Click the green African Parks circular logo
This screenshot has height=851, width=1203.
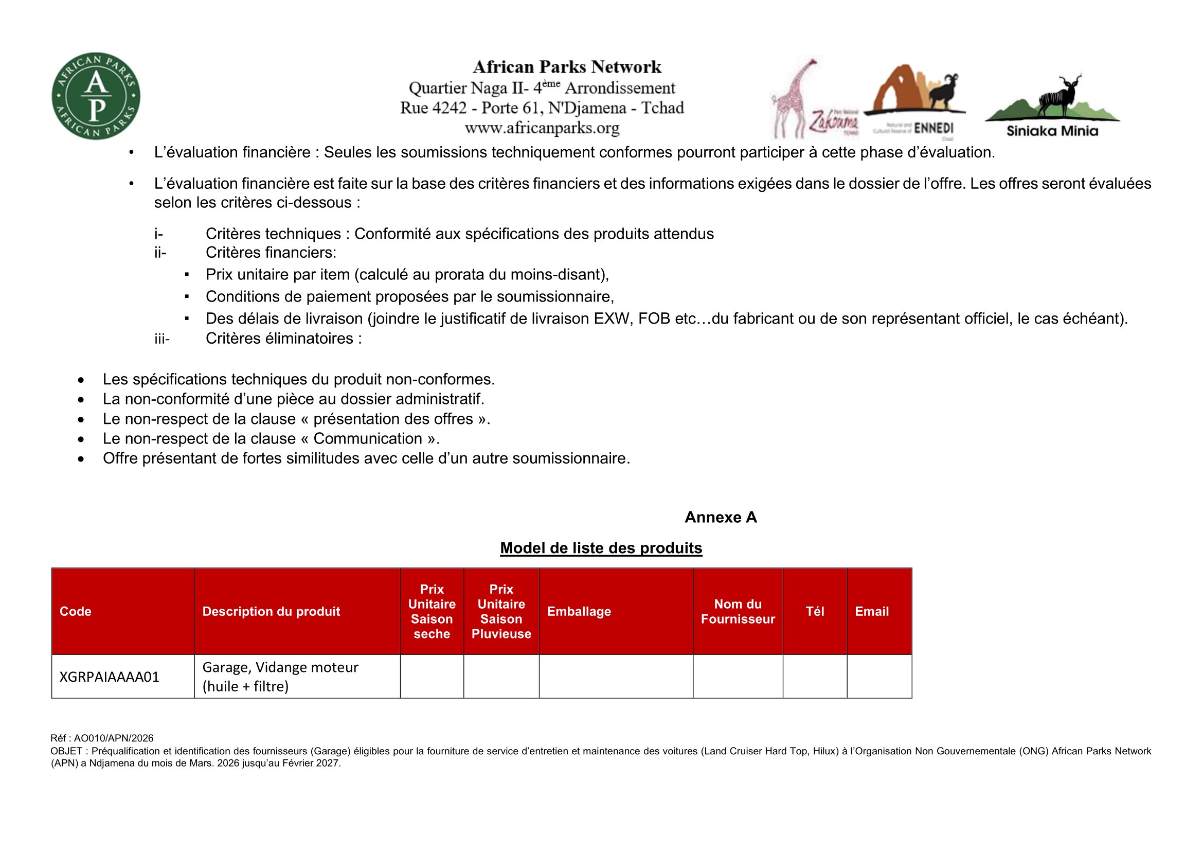(96, 96)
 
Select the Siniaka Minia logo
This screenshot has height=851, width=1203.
(1052, 107)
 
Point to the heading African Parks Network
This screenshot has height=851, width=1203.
(567, 67)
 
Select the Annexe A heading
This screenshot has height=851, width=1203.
(721, 517)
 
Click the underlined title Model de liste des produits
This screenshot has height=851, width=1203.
(601, 548)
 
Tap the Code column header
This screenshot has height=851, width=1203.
(76, 612)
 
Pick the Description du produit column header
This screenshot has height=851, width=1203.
(271, 612)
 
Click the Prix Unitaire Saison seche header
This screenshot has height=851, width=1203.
(432, 612)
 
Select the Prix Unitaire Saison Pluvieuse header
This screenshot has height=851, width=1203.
(501, 612)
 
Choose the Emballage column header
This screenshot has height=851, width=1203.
(579, 612)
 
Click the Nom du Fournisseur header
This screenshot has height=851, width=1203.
(738, 612)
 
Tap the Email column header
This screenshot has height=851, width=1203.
(872, 612)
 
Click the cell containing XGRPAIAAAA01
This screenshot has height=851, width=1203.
(110, 677)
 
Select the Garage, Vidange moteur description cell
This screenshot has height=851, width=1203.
(280, 677)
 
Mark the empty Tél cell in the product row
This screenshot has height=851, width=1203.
(815, 677)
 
